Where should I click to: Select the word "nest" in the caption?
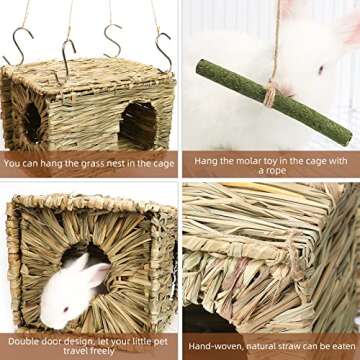tap(118, 161)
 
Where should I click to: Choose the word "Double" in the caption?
tap(22, 341)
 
